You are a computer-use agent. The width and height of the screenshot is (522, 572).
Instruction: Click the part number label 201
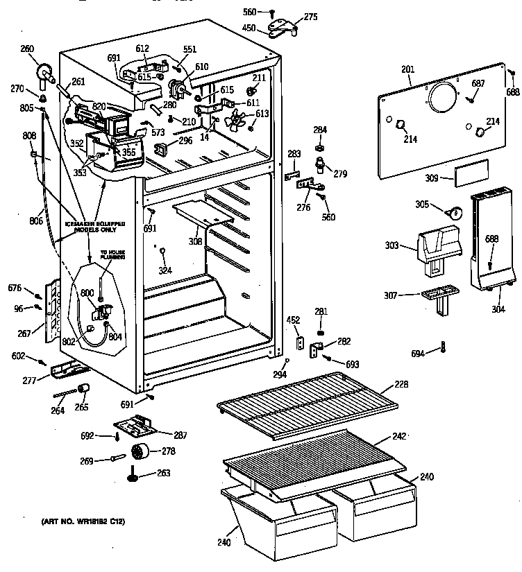[407, 69]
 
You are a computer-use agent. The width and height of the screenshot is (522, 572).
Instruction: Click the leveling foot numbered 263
[132, 476]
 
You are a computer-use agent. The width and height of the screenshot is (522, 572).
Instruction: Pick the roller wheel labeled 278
[141, 453]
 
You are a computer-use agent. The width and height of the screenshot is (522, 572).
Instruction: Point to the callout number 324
[165, 270]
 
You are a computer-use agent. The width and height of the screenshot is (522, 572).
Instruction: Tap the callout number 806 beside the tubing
[36, 220]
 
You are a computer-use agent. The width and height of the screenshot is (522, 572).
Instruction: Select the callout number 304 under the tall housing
[498, 310]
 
